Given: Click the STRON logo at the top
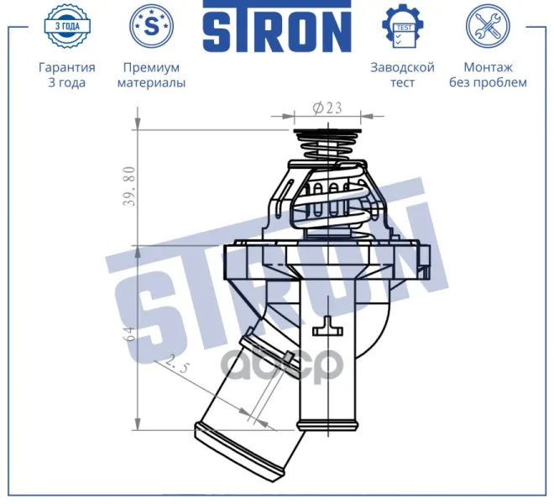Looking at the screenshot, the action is pyautogui.click(x=277, y=27).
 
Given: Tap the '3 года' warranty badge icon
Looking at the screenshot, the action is pyautogui.click(x=67, y=26).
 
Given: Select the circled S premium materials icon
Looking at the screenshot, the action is pyautogui.click(x=152, y=26).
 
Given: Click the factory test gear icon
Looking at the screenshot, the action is pyautogui.click(x=402, y=26).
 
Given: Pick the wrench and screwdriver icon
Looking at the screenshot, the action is pyautogui.click(x=488, y=26).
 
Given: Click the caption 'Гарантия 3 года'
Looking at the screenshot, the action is pyautogui.click(x=67, y=75).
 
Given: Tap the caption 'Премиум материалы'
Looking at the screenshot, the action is pyautogui.click(x=151, y=75).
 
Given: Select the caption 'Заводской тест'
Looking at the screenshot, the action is pyautogui.click(x=402, y=75).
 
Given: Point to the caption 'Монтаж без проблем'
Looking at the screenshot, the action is pyautogui.click(x=488, y=75).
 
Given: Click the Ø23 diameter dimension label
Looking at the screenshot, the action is pyautogui.click(x=327, y=108).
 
